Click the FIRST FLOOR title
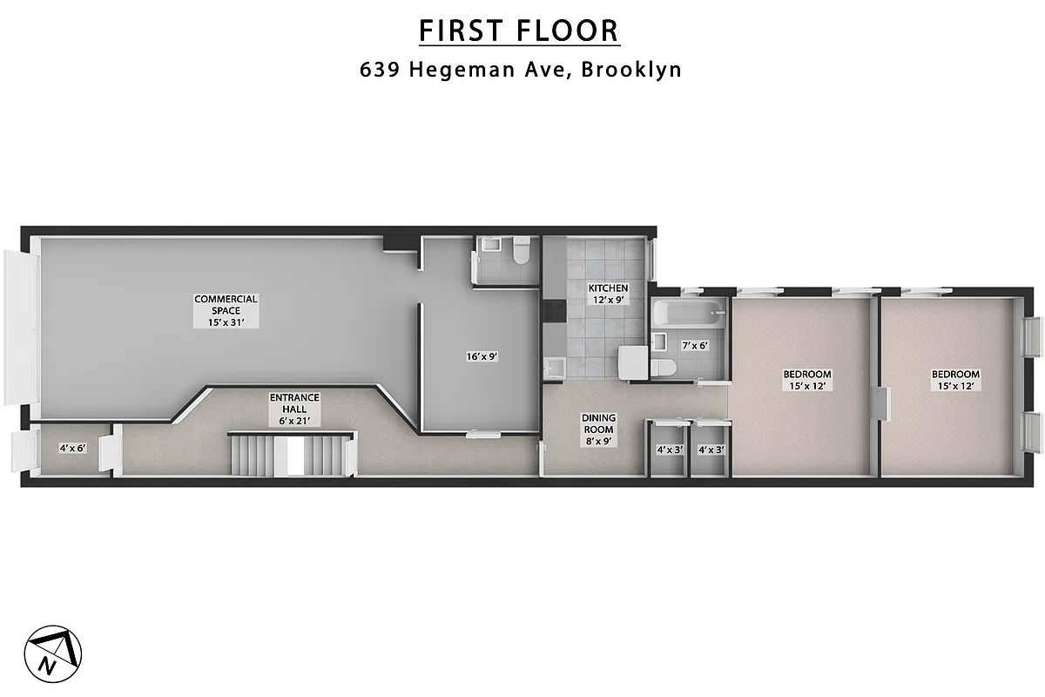pos(519,30)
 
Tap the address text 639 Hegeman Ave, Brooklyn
pos(521,70)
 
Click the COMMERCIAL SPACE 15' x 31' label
pos(226,310)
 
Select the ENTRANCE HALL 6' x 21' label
pos(294,409)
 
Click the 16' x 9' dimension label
pos(481,356)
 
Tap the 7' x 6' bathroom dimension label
pos(694,345)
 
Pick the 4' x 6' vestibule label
pos(72,448)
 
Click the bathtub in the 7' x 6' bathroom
pos(688,313)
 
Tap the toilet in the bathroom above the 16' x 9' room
pos(522,252)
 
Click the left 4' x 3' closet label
pos(668,450)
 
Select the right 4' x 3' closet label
pos(711,450)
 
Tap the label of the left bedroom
pos(804,380)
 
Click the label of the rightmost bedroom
pos(955,380)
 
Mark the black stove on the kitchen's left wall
pos(551,310)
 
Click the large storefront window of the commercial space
pos(19,326)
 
